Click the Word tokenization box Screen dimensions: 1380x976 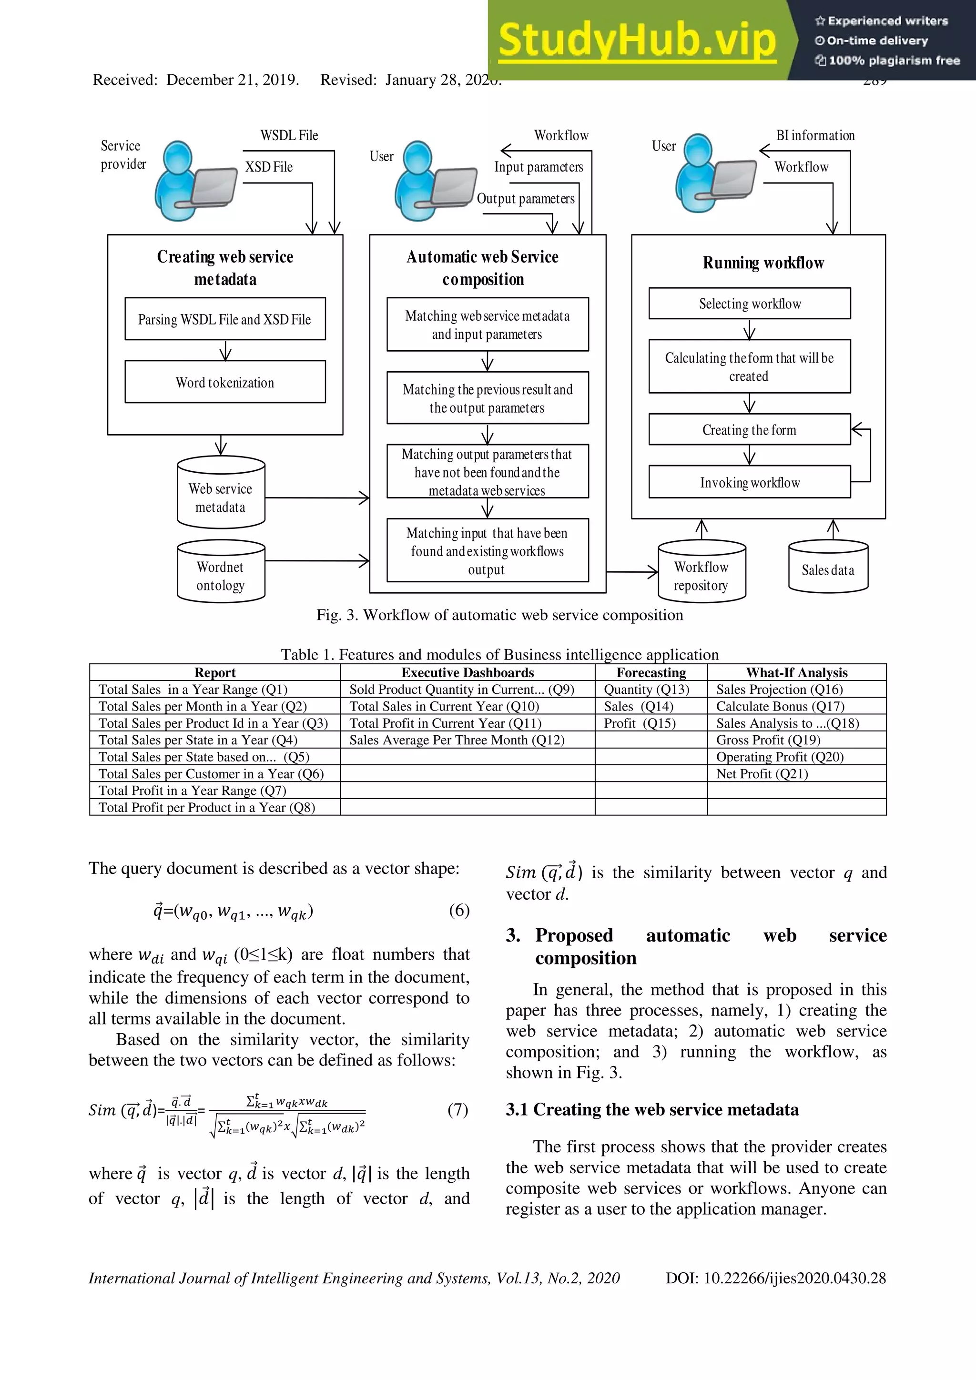pos(225,382)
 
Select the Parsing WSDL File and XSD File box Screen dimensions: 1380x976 pos(225,319)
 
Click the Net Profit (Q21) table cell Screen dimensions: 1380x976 pos(762,773)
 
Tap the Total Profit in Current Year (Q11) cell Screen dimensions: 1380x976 pos(445,723)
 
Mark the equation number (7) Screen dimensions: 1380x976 pos(457,1109)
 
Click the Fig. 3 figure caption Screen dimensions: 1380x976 pos(499,615)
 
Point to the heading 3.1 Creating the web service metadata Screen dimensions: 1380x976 pos(652,1109)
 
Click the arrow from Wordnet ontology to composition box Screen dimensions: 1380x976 pos(317,561)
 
